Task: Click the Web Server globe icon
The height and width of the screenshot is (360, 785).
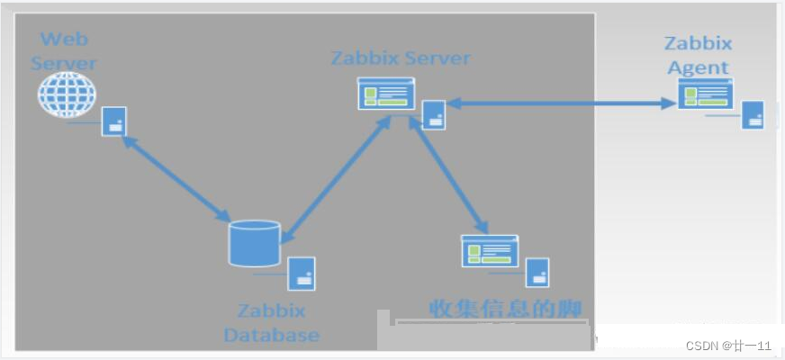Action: [67, 94]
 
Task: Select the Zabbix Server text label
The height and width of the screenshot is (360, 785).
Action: [401, 58]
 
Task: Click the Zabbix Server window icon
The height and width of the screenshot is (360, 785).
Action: [386, 94]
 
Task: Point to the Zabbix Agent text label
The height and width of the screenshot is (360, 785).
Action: [698, 54]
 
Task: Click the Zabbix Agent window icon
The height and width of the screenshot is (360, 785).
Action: [705, 92]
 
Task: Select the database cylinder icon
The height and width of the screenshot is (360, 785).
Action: [254, 242]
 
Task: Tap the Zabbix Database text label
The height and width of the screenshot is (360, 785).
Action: [271, 323]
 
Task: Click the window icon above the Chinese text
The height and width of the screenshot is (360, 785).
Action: [489, 249]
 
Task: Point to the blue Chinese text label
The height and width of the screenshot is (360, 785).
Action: [505, 308]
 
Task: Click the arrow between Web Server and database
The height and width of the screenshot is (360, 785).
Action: [175, 178]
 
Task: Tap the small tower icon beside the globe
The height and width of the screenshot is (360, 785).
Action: [113, 121]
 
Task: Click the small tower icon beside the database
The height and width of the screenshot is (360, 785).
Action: [302, 273]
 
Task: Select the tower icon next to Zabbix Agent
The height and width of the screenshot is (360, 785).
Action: [753, 114]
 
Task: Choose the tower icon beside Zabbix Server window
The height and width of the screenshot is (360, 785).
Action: [434, 114]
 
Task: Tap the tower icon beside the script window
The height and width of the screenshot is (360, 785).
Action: [537, 273]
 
